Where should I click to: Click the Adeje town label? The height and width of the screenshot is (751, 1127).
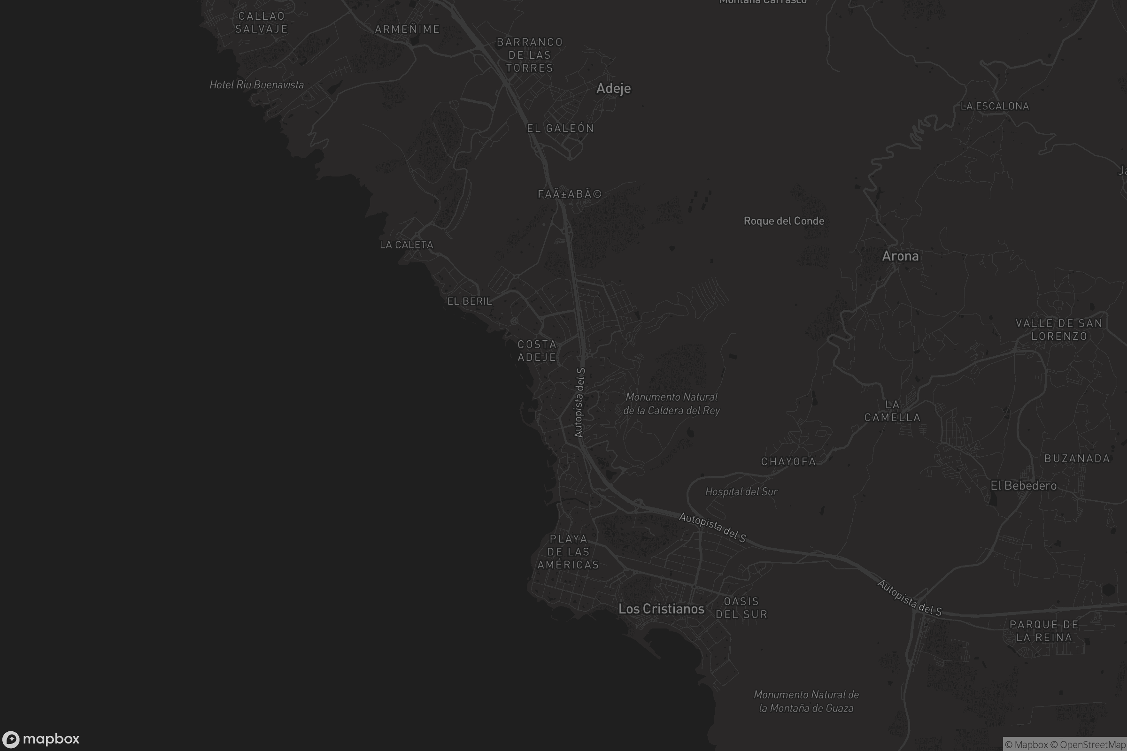pos(613,89)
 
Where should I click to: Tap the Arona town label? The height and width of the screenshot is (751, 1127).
pos(900,256)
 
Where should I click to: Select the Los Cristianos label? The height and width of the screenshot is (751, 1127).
pos(661,609)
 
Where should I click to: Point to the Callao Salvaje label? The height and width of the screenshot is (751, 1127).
pos(261,23)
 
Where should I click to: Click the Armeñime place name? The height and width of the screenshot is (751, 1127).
pos(407,29)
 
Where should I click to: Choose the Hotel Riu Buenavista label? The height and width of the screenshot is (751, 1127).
pos(256,85)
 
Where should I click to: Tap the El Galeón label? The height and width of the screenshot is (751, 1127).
pos(560,128)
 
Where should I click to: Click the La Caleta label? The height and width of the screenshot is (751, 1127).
pos(406,245)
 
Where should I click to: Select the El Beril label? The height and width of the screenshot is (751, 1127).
pos(469,301)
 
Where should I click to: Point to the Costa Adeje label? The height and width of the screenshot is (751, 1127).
pos(537,351)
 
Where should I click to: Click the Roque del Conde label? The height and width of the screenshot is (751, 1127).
pos(783,221)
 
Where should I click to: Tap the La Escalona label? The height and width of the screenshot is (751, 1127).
pos(994,107)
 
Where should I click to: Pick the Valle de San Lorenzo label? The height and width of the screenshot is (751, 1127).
pos(1058,330)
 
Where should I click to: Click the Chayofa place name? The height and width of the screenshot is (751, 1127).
pos(788,462)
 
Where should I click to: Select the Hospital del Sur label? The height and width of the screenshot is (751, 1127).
pos(741,491)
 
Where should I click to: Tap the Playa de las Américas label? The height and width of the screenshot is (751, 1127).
pos(568,552)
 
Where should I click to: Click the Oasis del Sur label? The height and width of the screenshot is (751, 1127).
pos(741,607)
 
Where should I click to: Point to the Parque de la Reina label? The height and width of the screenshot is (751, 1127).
pos(1043,631)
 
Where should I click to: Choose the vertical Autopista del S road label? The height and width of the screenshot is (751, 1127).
pos(579,402)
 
